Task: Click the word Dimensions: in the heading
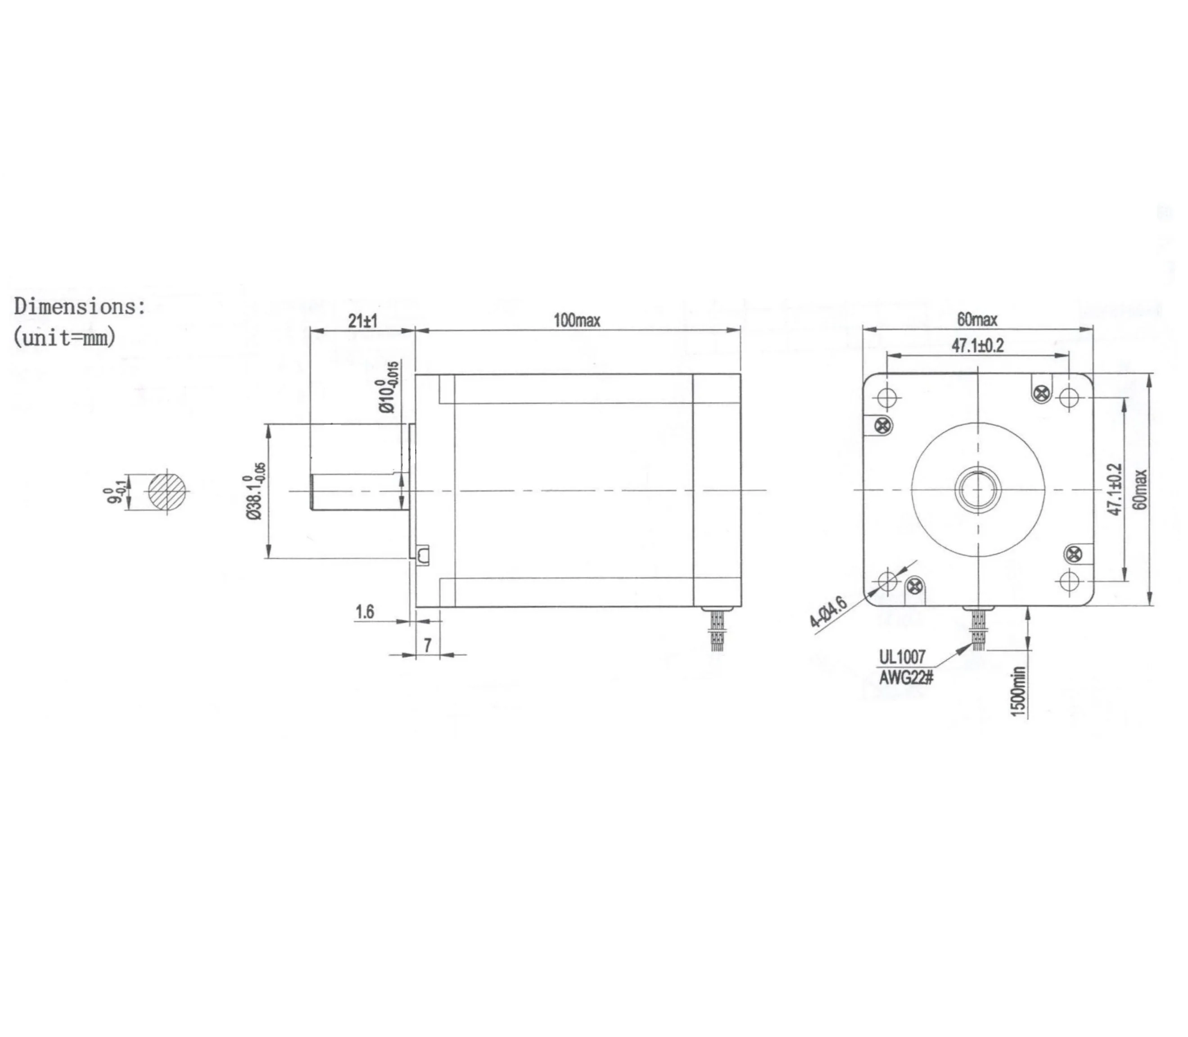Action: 79,307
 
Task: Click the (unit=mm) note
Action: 64,337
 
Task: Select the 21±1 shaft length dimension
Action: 363,321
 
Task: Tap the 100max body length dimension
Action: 577,320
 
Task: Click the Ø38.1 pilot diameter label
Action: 254,491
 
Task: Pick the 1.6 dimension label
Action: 365,612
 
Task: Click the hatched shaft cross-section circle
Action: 168,492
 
